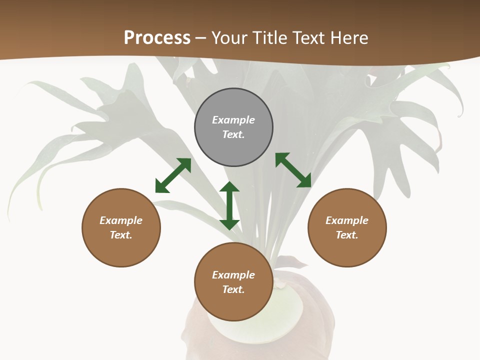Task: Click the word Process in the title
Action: [x=157, y=38]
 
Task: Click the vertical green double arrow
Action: [x=229, y=205]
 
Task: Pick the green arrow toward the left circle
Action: [x=173, y=175]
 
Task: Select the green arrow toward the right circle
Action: [x=293, y=170]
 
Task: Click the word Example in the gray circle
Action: [x=233, y=120]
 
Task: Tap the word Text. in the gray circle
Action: [x=233, y=134]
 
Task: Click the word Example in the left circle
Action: [x=121, y=220]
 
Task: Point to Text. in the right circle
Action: [x=347, y=235]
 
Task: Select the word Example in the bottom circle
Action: [x=233, y=275]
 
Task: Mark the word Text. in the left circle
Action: [x=121, y=235]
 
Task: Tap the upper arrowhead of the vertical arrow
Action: [x=229, y=187]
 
